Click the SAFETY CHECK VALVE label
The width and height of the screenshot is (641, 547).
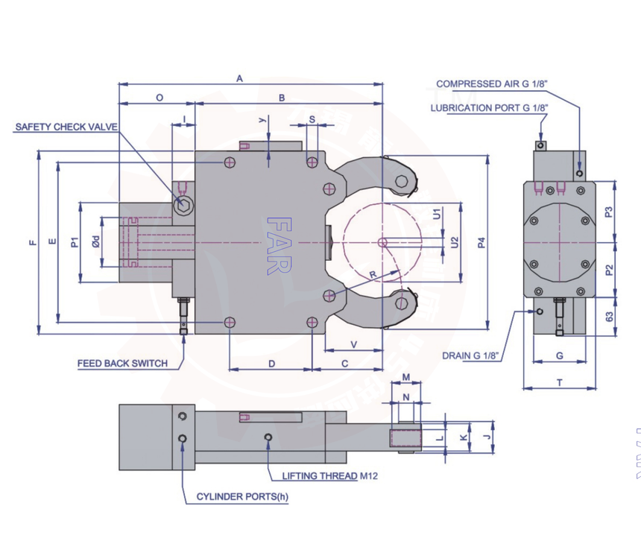[66, 127]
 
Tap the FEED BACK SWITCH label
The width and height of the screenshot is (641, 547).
[122, 364]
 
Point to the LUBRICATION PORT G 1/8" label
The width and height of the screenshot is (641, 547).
[489, 108]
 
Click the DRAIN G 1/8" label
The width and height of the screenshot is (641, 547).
[470, 355]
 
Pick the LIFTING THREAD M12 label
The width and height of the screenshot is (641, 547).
[329, 475]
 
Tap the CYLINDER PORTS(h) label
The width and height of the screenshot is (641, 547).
[241, 496]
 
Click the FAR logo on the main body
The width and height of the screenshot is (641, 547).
[278, 246]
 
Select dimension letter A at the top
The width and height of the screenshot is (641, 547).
[239, 78]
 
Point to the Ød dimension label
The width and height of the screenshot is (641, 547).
[96, 241]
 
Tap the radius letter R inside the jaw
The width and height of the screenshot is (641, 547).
[373, 274]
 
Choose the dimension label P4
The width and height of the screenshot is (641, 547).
[481, 242]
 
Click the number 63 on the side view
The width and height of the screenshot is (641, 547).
[609, 316]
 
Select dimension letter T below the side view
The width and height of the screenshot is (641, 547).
[560, 382]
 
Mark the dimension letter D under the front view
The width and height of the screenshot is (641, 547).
[271, 364]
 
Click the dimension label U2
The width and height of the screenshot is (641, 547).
[455, 241]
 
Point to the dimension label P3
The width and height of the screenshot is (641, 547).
[608, 212]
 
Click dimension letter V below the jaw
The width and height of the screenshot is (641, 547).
[353, 344]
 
